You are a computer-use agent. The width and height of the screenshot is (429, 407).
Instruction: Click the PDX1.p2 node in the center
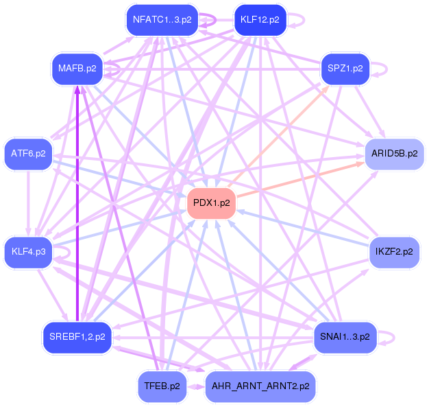pyautogui.click(x=211, y=203)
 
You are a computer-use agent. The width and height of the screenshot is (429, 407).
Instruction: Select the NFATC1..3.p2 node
pyautogui.click(x=162, y=20)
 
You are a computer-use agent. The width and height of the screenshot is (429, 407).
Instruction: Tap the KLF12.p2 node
pyautogui.click(x=260, y=20)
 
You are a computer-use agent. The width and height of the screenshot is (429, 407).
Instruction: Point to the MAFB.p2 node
pyautogui.click(x=77, y=69)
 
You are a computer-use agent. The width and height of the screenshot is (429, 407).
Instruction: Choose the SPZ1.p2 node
pyautogui.click(x=345, y=69)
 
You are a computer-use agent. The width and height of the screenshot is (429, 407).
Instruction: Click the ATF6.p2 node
pyautogui.click(x=28, y=153)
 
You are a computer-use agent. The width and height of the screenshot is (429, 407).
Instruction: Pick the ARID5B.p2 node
pyautogui.click(x=394, y=153)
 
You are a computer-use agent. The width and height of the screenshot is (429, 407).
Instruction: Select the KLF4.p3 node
pyautogui.click(x=28, y=252)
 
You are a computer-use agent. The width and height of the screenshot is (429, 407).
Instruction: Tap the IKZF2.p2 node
pyautogui.click(x=394, y=252)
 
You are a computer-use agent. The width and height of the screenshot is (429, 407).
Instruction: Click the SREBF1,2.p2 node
pyautogui.click(x=77, y=336)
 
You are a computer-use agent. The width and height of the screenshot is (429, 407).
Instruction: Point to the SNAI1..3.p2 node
pyautogui.click(x=345, y=336)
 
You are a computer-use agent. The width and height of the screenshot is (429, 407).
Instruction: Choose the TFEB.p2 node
pyautogui.click(x=162, y=386)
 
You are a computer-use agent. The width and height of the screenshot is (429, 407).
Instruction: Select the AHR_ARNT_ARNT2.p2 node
pyautogui.click(x=260, y=386)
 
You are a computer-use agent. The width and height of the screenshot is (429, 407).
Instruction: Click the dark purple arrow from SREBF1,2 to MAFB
pyautogui.click(x=77, y=206)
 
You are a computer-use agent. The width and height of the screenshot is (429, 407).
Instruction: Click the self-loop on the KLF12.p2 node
pyautogui.click(x=297, y=20)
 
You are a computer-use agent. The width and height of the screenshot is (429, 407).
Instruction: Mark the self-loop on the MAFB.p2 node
pyautogui.click(x=113, y=69)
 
